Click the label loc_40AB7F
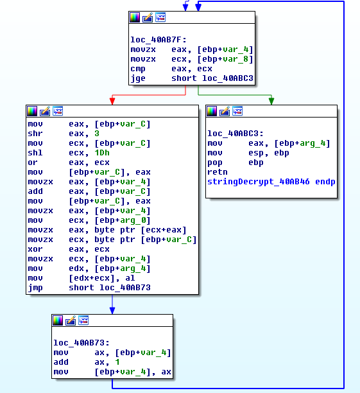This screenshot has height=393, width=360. click(159, 40)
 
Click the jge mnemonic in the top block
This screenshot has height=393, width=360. click(138, 78)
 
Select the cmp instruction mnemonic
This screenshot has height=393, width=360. click(138, 69)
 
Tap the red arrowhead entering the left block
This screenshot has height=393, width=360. click(112, 101)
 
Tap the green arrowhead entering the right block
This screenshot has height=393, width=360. click(271, 101)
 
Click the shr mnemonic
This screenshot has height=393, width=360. click(35, 134)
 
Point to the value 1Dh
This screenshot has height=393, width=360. click(102, 153)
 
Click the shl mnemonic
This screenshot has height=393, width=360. click(35, 153)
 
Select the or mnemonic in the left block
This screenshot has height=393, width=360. click(33, 162)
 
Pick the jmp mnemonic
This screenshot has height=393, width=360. click(35, 288)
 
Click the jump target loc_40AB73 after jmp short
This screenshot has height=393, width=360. click(125, 288)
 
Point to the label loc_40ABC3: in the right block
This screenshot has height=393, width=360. click(236, 134)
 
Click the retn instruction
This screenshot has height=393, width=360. click(218, 172)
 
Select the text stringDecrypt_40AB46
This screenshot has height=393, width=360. click(258, 182)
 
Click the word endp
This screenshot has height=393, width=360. click(325, 182)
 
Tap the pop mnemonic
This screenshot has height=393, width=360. click(215, 163)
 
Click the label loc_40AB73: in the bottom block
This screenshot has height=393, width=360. click(81, 343)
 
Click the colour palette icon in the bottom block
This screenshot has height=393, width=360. click(58, 320)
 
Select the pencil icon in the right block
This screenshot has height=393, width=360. click(225, 111)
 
